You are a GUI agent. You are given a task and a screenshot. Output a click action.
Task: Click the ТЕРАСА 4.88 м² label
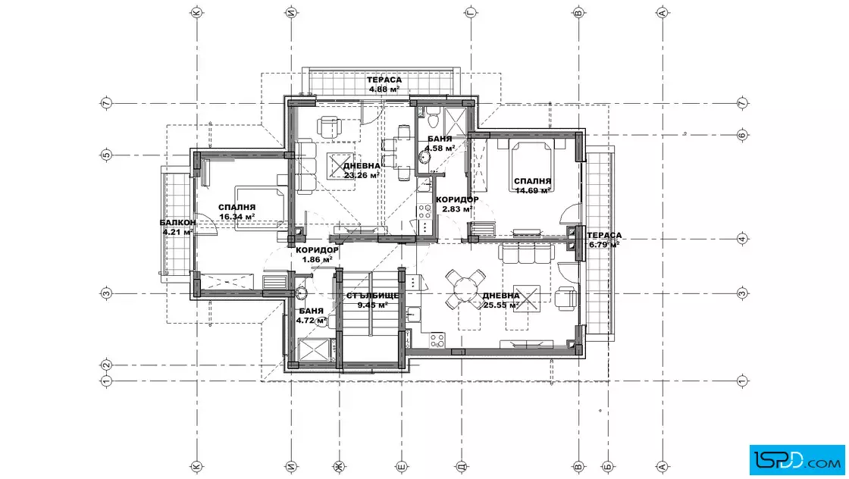(385, 84)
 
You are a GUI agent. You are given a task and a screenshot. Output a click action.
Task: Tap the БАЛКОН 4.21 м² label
(177, 227)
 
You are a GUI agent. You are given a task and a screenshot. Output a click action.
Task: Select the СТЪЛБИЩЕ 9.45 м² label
(372, 300)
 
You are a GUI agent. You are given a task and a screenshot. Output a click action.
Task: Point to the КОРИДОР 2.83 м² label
(457, 204)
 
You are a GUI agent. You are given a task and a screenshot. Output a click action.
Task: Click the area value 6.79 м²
(604, 244)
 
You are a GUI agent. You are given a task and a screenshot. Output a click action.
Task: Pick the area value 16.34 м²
(237, 217)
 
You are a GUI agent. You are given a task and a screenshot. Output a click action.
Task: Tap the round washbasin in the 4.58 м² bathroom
(424, 158)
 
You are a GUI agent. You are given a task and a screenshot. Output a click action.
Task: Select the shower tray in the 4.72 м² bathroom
(314, 349)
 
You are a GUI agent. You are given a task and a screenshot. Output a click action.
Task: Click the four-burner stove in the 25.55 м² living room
(437, 340)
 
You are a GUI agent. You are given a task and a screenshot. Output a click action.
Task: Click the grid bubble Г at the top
(470, 13)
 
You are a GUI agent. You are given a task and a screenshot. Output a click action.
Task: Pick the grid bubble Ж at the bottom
(339, 466)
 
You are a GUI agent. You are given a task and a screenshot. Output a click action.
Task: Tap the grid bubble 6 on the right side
(742, 135)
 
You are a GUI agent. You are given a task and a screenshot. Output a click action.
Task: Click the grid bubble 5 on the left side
(107, 155)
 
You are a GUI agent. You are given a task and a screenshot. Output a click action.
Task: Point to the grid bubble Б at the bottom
(607, 466)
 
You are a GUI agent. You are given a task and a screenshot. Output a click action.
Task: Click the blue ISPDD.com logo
(797, 460)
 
